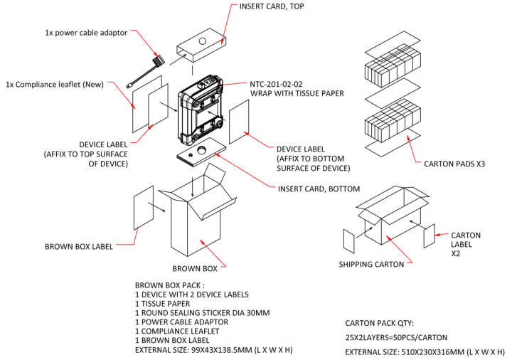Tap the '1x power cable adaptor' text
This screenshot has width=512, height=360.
coord(85,33)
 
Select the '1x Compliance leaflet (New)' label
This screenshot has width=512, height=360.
coord(55,84)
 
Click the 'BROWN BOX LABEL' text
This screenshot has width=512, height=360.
coord(79,247)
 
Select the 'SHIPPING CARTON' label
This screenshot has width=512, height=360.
coord(372,265)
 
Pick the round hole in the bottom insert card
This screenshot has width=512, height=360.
coord(201,150)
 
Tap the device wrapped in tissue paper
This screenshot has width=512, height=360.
coord(203,110)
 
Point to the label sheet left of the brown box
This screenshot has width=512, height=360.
coord(144,208)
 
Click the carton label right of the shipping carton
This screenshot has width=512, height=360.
coord(429,235)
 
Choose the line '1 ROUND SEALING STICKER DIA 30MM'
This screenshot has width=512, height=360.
coord(202,312)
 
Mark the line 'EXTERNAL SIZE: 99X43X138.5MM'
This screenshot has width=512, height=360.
coord(214,350)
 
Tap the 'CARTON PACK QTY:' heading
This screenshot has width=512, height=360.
coord(378,322)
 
